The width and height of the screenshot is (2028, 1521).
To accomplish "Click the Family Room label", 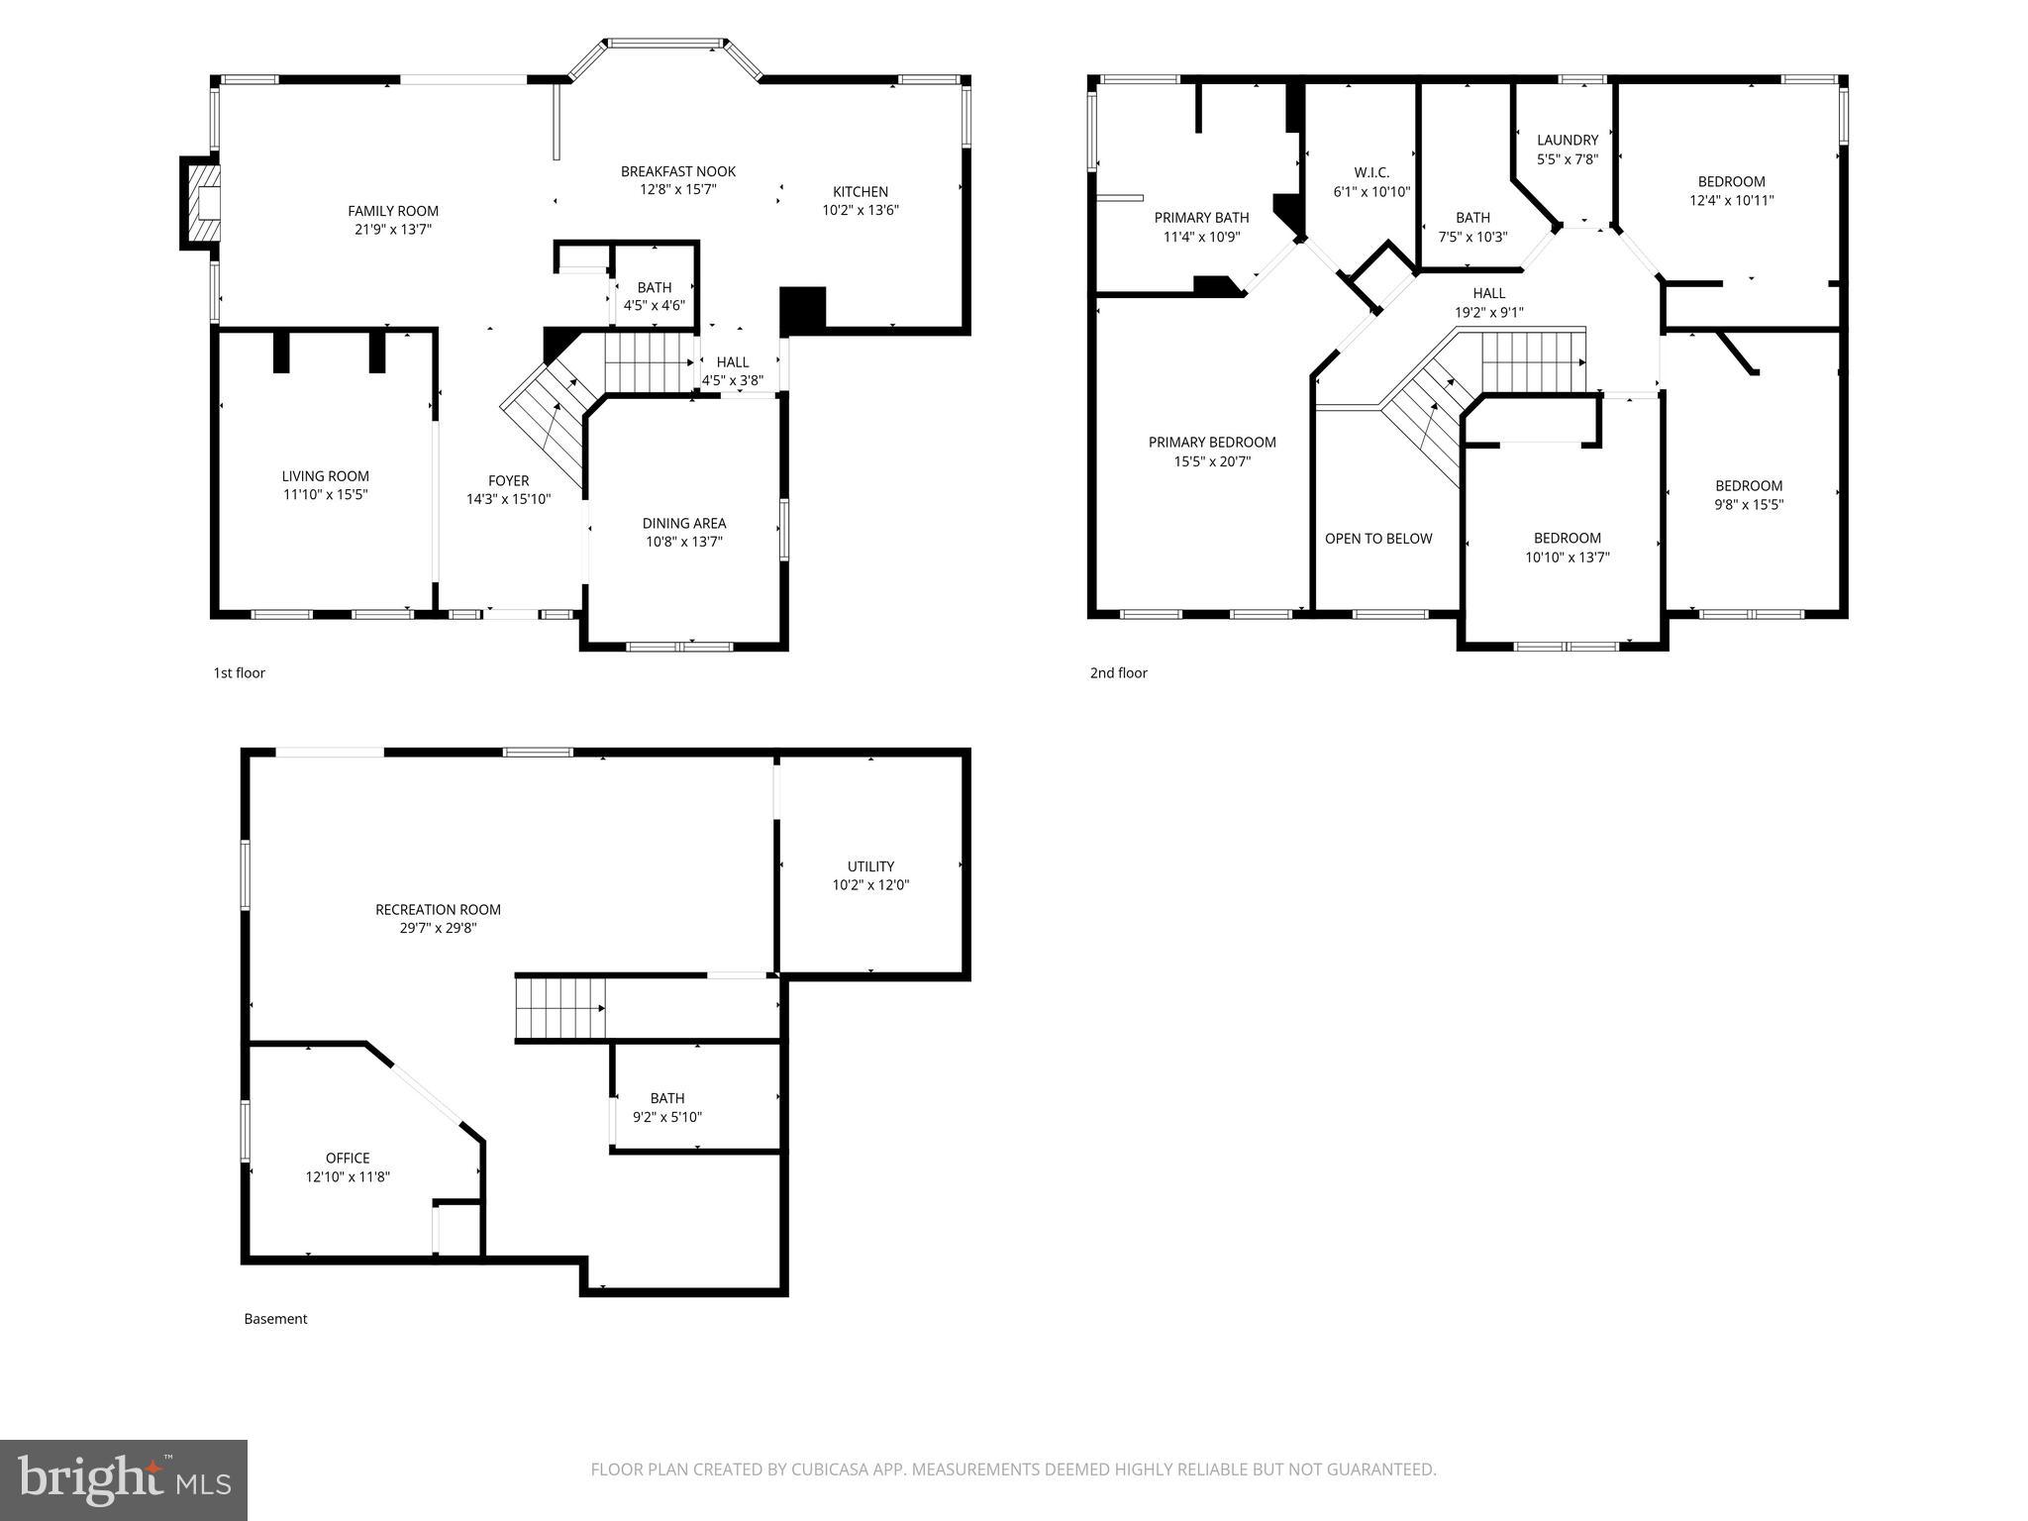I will pyautogui.click(x=392, y=211).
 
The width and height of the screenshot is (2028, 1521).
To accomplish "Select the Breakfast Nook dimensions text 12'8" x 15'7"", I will pyautogui.click(x=677, y=190).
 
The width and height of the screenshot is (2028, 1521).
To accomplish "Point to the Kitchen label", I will pyautogui.click(x=860, y=191).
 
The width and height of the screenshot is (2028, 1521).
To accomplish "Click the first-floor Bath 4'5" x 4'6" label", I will pyautogui.click(x=654, y=288).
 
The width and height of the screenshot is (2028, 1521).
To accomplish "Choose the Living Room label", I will pyautogui.click(x=325, y=476).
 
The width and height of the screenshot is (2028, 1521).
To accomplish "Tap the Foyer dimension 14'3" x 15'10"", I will pyautogui.click(x=508, y=500).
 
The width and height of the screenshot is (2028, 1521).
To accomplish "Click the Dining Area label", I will pyautogui.click(x=683, y=523).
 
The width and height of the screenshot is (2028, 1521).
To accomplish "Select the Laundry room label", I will pyautogui.click(x=1567, y=141).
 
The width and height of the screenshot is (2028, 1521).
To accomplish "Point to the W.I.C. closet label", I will pyautogui.click(x=1370, y=172).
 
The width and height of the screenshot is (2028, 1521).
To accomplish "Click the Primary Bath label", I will pyautogui.click(x=1201, y=218).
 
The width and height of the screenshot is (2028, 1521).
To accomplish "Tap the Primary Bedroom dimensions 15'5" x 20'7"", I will pyautogui.click(x=1212, y=461).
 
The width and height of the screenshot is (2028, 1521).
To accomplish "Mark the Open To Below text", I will pyautogui.click(x=1377, y=539).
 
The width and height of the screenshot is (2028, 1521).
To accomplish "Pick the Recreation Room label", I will pyautogui.click(x=438, y=909).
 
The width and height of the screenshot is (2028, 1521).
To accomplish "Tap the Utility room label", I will pyautogui.click(x=870, y=866).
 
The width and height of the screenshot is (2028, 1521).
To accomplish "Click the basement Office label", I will pyautogui.click(x=348, y=1158).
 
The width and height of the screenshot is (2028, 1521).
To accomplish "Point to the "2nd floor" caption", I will pyautogui.click(x=1118, y=673).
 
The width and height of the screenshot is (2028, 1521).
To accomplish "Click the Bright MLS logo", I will pyautogui.click(x=124, y=1479).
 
